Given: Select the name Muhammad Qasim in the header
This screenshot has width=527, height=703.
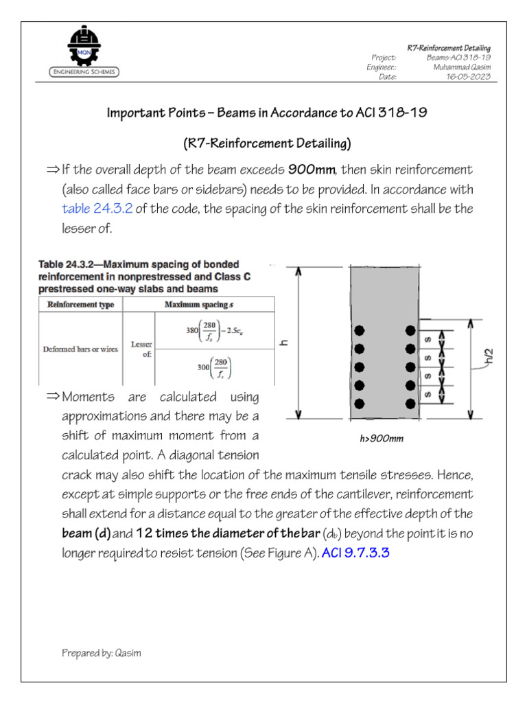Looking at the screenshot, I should click(461, 67).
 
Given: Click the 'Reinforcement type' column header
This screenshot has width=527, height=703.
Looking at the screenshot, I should click(81, 304).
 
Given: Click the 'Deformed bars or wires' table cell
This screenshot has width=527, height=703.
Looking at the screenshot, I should click(81, 349).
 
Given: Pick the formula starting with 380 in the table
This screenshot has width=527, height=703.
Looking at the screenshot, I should click(212, 331).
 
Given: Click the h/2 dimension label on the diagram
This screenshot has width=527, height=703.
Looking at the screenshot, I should click(488, 357).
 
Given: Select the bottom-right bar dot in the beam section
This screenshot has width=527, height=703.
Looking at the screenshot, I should click(410, 402).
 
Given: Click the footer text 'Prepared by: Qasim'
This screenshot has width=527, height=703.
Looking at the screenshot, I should click(102, 653).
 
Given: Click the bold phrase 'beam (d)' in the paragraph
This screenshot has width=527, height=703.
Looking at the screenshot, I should click(86, 533).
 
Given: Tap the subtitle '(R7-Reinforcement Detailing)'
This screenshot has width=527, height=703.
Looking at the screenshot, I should click(266, 143).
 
